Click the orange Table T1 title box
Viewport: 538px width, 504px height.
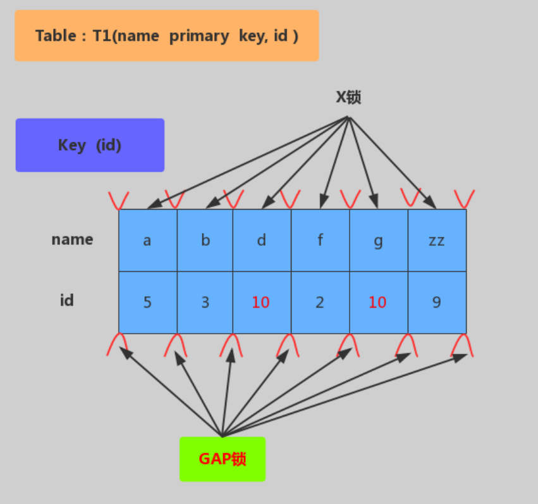click(167, 35)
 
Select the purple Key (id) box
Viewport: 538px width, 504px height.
click(90, 145)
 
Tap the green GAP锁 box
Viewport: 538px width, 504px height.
click(223, 459)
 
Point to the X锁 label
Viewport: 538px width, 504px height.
click(348, 98)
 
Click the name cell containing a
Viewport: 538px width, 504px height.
click(148, 240)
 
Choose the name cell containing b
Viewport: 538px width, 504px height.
click(205, 240)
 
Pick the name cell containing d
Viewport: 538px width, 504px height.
click(262, 240)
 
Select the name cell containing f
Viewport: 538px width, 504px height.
click(321, 240)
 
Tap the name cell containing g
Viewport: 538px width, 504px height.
click(379, 240)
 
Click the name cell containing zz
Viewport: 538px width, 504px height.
click(437, 240)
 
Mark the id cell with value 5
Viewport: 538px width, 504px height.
click(148, 302)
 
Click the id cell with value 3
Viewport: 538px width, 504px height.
click(205, 302)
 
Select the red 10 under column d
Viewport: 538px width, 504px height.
click(260, 302)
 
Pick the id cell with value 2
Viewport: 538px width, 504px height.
click(321, 302)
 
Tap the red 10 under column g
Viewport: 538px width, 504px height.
click(377, 302)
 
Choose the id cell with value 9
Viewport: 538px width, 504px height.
click(437, 302)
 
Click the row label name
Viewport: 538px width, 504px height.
click(73, 239)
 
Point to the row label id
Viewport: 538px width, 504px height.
click(67, 300)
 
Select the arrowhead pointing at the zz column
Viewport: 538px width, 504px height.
click(431, 203)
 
